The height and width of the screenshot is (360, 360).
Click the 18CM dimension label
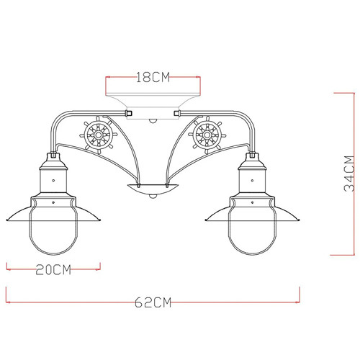[x=151, y=76]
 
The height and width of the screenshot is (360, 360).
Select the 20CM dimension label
[x=53, y=271]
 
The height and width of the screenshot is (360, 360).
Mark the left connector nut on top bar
[x=128, y=113]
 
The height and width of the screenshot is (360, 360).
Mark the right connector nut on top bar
[x=176, y=113]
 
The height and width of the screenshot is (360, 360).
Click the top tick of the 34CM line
[x=346, y=92]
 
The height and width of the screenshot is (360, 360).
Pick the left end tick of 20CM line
[x=7, y=266]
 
